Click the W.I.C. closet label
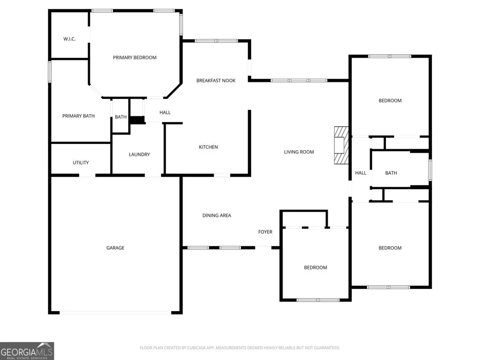point(70,39)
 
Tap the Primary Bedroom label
point(135,58)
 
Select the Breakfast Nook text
point(216,81)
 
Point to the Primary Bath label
point(78,116)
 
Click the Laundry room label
point(139,155)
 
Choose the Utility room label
point(81,163)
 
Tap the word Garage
point(115,248)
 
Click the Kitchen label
point(208,147)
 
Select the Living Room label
point(299,152)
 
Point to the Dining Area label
point(217,216)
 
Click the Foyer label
point(265,232)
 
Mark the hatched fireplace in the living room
point(341,145)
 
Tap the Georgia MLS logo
point(27,351)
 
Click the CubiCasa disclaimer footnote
point(240,348)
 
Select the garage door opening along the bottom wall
point(115,312)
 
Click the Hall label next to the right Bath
point(360,173)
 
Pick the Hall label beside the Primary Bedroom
point(165,113)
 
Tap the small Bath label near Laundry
point(120,117)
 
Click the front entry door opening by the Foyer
point(263,247)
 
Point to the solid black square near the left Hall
point(137,120)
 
